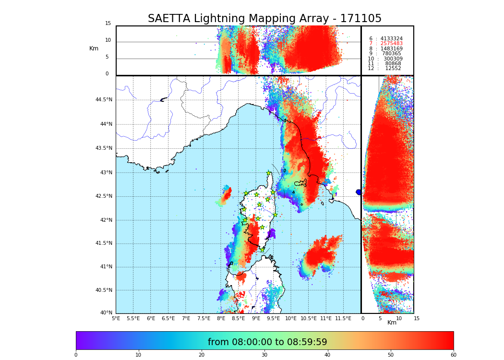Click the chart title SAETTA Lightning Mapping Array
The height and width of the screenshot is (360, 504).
click(264, 19)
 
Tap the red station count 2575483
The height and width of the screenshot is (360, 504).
click(391, 44)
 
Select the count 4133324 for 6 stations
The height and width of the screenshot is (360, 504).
click(391, 38)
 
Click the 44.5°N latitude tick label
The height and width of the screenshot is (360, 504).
click(104, 100)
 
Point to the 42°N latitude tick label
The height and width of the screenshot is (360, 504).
click(105, 220)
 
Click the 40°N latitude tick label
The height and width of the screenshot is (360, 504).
click(106, 313)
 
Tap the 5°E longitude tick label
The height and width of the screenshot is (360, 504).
click(116, 318)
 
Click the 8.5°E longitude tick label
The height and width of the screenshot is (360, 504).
click(239, 318)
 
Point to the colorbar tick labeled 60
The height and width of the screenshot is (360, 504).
click(453, 355)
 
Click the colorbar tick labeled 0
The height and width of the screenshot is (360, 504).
click(76, 355)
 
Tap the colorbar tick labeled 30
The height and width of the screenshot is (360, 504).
click(264, 355)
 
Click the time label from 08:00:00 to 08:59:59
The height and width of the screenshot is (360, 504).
click(267, 342)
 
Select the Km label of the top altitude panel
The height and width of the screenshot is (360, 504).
click(94, 48)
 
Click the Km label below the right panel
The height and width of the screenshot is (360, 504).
click(392, 323)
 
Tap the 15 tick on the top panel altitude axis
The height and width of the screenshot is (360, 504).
click(108, 24)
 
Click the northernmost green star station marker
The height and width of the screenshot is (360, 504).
click(269, 173)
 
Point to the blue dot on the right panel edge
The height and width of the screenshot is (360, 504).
click(359, 192)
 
